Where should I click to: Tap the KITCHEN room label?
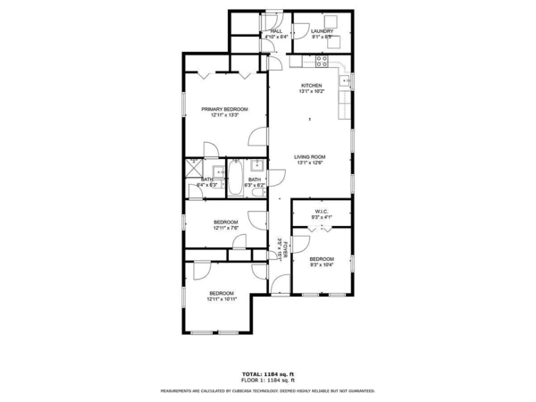click(311, 86)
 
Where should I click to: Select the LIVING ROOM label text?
click(310, 156)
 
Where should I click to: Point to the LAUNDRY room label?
click(322, 31)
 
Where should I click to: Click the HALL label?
click(265, 31)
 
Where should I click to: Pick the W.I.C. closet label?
click(322, 212)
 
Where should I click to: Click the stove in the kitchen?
click(322, 62)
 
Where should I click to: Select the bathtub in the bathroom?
click(237, 178)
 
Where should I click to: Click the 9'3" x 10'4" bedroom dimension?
click(322, 265)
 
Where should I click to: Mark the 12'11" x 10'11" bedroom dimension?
click(222, 299)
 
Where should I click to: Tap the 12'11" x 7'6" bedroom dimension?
click(225, 228)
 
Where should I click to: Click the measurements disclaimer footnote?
click(268, 390)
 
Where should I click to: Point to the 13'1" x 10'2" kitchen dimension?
click(311, 92)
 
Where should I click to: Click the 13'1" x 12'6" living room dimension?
click(310, 163)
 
